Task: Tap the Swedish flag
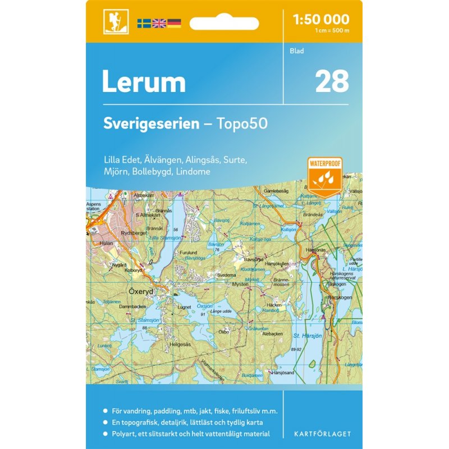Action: tap(144, 24)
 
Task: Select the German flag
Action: tap(174, 24)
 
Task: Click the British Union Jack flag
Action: tap(159, 24)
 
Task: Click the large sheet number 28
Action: tap(332, 82)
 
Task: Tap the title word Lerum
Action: tap(144, 83)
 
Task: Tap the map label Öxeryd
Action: tap(130, 292)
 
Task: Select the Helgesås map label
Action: tap(181, 343)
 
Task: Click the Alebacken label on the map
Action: tap(273, 333)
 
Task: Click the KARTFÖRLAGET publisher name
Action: tap(322, 433)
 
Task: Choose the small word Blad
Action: tap(297, 52)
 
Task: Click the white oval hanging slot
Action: tap(224, 24)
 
